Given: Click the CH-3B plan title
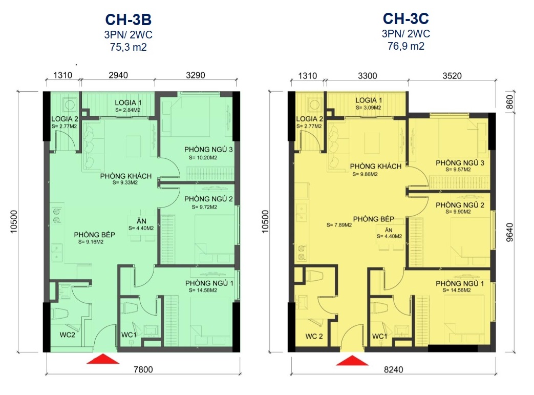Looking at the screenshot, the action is coord(129,20).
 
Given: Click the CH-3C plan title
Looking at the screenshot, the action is coord(406,19).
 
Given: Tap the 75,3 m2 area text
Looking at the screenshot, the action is coord(129,47).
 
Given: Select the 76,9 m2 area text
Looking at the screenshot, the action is coord(406,46).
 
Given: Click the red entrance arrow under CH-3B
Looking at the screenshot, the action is coord(103,359).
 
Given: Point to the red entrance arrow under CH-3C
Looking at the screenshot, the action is coord(352,360).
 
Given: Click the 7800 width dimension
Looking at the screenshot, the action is coord(143,369).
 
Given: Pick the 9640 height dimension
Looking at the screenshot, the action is coord(509,233).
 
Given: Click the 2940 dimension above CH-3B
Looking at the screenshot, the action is coord(118,75).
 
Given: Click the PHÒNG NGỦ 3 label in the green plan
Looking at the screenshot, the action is coord(208,149).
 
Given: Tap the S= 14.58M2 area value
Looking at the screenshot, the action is coord(203,290).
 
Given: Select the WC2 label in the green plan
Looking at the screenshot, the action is coord(68,335).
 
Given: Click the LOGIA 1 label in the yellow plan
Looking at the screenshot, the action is coord(369,100).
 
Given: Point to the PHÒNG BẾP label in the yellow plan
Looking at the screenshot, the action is coord(374,219).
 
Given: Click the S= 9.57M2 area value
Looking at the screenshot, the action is coord(458,170).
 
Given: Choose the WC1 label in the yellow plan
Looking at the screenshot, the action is coord(380,337).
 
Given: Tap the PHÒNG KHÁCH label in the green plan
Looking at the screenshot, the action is coord(126,176).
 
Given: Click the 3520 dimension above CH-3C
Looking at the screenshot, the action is coord(452,76).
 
